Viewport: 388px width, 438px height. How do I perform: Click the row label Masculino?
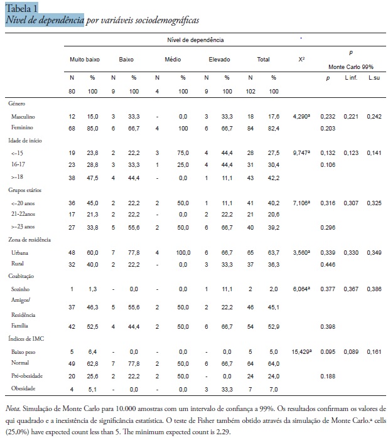[x=23, y=117]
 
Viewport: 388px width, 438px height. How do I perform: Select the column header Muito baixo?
[x=85, y=60]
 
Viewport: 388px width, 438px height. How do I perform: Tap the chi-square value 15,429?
[x=301, y=351]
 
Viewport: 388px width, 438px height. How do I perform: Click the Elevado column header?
[x=220, y=60]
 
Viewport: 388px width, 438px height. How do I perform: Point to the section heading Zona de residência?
[x=30, y=240]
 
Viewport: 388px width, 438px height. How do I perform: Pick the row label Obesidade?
[x=23, y=388]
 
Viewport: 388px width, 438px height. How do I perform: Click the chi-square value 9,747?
[x=301, y=152]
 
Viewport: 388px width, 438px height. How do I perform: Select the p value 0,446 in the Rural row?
[x=328, y=265]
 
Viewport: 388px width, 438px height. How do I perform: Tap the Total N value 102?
[x=251, y=92]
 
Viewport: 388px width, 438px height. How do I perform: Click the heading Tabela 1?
[x=21, y=8]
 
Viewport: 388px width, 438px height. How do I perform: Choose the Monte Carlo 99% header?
[x=351, y=67]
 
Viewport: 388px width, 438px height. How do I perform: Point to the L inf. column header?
[x=351, y=78]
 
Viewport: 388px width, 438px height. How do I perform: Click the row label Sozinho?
[x=20, y=289]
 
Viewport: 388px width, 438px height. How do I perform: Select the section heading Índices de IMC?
[x=26, y=339]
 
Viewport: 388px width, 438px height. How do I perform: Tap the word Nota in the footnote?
[x=13, y=409]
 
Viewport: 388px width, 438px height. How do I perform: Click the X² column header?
[x=301, y=60]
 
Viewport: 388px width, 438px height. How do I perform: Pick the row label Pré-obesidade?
[x=27, y=376]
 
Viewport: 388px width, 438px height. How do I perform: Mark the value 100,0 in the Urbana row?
[x=183, y=253]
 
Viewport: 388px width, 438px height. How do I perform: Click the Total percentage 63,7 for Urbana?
[x=273, y=253]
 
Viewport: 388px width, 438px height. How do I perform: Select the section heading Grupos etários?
[x=24, y=190]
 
